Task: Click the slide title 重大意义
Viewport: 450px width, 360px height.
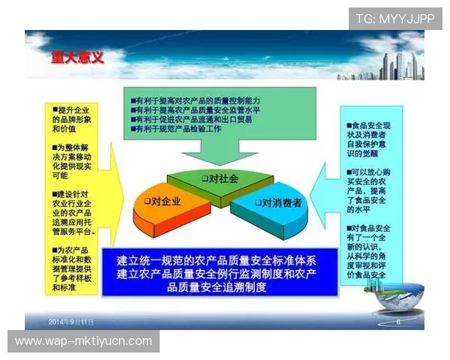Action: pos(77,57)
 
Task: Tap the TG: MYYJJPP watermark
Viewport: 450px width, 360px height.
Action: pos(395,18)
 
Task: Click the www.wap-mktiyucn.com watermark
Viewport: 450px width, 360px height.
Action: pos(83,341)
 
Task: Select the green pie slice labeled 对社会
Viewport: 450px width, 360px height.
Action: pos(220,179)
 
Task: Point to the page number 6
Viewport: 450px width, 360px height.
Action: pos(398,322)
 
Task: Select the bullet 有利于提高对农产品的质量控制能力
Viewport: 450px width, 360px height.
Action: pos(194,99)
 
